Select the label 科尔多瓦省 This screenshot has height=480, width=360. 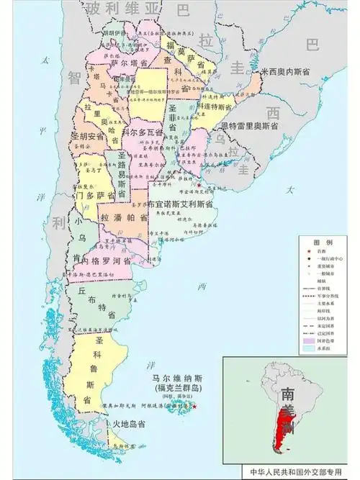(x=142, y=133)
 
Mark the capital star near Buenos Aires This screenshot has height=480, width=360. (x=199, y=185)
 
